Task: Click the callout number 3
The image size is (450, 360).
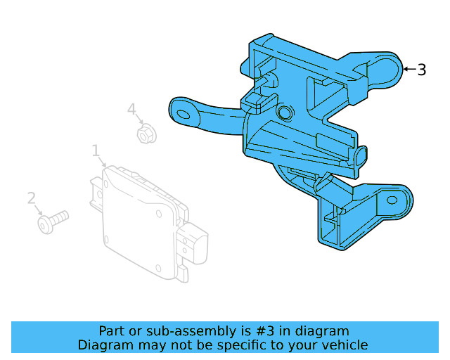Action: [x=421, y=70]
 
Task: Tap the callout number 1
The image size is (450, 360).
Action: [x=96, y=150]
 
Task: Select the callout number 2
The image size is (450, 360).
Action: [x=31, y=198]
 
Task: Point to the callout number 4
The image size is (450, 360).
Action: [x=131, y=109]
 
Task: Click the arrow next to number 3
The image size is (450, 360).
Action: [x=409, y=69]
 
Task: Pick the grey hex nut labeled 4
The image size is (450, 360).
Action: [x=146, y=133]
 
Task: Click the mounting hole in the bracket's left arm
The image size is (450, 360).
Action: [x=186, y=112]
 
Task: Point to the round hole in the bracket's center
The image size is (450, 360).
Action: [x=285, y=113]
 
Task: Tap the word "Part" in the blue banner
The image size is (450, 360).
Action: [x=112, y=331]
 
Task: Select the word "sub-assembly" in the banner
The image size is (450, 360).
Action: [x=181, y=331]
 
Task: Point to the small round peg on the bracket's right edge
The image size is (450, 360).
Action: [x=361, y=155]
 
